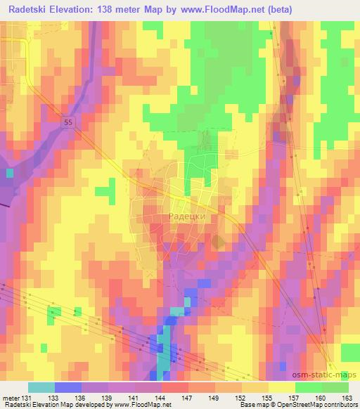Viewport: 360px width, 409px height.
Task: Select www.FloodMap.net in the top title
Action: [x=221, y=9]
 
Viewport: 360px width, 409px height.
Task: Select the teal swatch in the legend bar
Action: [x=41, y=387]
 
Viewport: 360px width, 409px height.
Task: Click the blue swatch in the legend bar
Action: [x=67, y=387]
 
